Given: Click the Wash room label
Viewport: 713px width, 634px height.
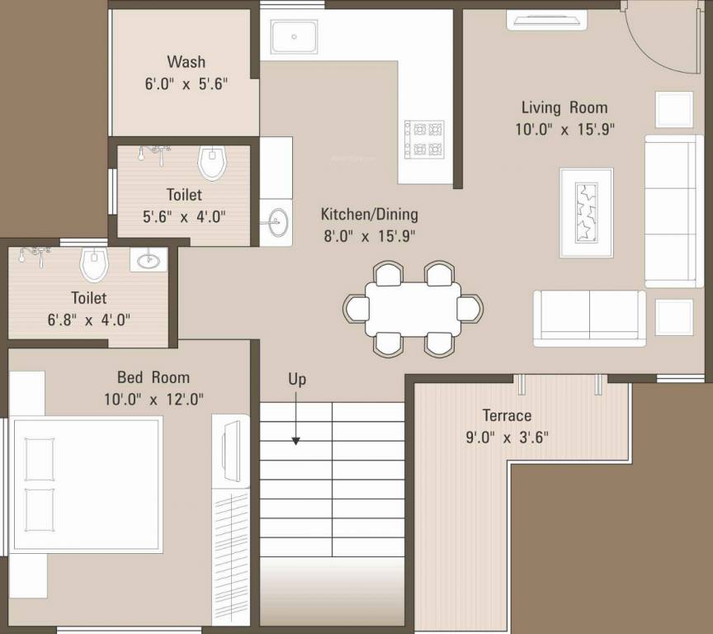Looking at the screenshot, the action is point(186,62).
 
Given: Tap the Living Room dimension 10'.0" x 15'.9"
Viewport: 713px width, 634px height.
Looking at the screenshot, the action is point(564,129).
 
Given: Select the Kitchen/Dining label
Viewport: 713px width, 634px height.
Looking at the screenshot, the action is point(369,215).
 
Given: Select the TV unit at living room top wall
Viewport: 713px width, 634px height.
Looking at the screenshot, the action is point(546,18).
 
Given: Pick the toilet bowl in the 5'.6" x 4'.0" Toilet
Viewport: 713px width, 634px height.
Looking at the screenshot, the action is point(213,163).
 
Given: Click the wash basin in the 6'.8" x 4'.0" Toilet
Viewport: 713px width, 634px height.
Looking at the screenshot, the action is point(149,261).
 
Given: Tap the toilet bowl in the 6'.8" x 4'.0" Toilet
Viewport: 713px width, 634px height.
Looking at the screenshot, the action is point(95,264).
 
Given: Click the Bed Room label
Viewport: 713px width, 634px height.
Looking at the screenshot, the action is point(153,378).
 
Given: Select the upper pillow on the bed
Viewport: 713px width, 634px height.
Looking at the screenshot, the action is point(39,459).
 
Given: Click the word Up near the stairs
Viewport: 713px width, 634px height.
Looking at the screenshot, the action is point(297,379).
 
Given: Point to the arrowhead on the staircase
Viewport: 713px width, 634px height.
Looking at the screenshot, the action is point(295,441).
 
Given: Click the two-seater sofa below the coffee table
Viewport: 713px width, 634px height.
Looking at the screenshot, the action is point(589,319).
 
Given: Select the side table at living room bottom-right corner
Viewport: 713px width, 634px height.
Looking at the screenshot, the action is point(674,318).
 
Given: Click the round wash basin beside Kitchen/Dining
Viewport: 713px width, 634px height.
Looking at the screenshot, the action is point(276,220).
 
